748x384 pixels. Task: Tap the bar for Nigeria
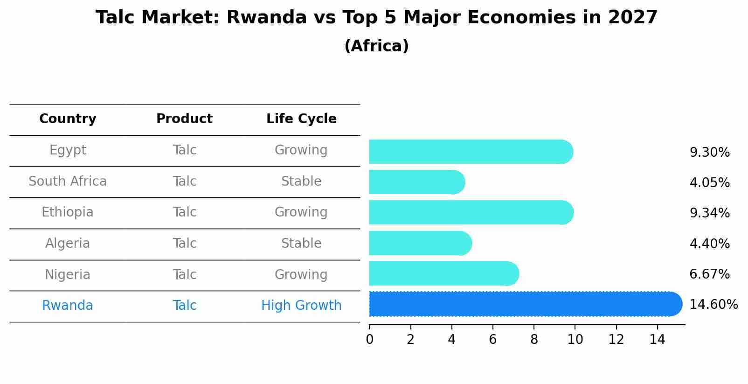[443, 273]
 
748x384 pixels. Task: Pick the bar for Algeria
[420, 243]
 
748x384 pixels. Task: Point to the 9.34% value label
[709, 213]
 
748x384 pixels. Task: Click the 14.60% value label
[713, 305]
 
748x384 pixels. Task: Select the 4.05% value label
[709, 182]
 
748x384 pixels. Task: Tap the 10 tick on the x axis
[575, 340]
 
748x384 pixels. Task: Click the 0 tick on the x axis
[369, 340]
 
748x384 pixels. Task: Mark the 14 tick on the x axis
[657, 340]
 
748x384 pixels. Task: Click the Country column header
[68, 119]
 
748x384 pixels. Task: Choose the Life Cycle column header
[301, 119]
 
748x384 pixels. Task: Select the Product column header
[184, 119]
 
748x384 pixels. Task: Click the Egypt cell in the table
[68, 150]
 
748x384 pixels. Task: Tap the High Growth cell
[301, 306]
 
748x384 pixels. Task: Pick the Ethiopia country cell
[68, 212]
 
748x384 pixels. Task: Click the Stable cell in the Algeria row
[301, 244]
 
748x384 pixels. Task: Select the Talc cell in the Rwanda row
[184, 306]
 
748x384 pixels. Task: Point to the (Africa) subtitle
[376, 46]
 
